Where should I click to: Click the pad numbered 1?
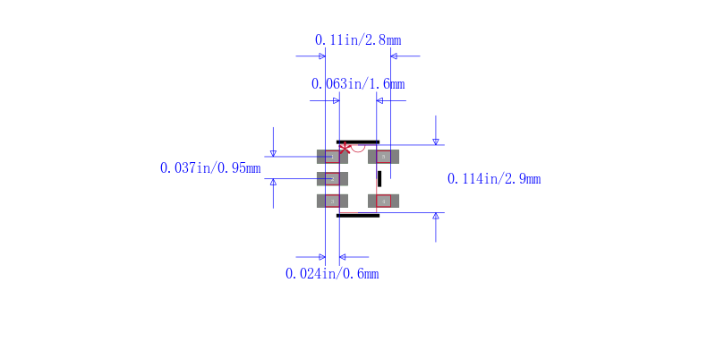pos(332,157)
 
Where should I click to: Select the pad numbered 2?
pos(332,178)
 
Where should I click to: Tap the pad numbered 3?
pos(332,201)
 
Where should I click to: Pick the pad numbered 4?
pos(384,201)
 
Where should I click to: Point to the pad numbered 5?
pos(384,157)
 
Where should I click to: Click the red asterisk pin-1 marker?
pos(345,148)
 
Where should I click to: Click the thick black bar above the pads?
pos(358,142)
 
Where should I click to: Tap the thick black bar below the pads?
pos(358,216)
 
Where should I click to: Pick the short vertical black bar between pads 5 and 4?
pos(379,178)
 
